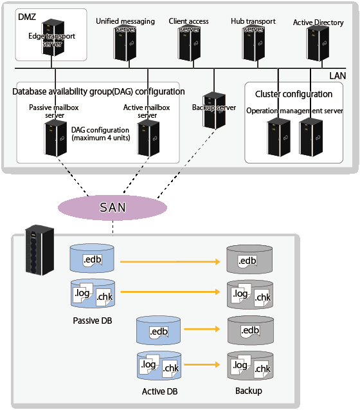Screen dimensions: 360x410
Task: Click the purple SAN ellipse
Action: (x=113, y=208)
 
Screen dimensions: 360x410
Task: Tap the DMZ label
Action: (x=27, y=17)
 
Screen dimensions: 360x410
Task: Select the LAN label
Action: (x=337, y=76)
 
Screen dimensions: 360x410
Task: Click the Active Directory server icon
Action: (x=318, y=44)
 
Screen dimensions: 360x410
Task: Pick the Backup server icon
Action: (x=214, y=111)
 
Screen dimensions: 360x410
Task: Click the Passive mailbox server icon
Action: (x=55, y=138)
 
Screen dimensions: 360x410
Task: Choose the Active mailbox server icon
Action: (x=148, y=138)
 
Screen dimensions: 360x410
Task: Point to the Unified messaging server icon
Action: (x=125, y=43)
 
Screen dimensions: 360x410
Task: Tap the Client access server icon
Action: (x=189, y=43)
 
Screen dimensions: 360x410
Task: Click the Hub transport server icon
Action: (x=253, y=43)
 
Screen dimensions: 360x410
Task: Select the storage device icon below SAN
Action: (x=39, y=250)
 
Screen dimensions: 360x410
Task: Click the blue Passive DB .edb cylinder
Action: (x=92, y=258)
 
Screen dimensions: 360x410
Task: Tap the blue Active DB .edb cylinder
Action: (x=158, y=330)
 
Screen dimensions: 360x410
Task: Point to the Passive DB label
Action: (x=93, y=321)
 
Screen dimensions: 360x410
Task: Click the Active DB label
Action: (x=160, y=391)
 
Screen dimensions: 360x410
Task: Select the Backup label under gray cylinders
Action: (x=249, y=391)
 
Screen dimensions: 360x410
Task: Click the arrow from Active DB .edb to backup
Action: (x=202, y=329)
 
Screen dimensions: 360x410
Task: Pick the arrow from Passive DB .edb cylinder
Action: (x=170, y=261)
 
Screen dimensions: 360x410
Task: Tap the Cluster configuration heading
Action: (x=294, y=94)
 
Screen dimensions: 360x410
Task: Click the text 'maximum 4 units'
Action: (x=101, y=138)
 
